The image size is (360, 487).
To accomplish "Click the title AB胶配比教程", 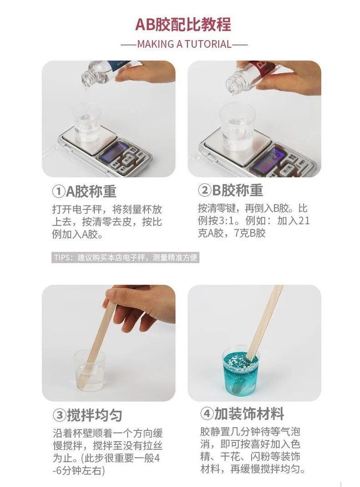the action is tap(183, 25).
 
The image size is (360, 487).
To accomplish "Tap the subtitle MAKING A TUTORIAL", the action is tap(185, 44).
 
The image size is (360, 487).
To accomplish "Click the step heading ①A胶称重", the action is tap(84, 191).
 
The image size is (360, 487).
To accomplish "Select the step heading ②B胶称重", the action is tap(231, 190).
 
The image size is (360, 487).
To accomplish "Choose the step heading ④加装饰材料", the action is tap(242, 414).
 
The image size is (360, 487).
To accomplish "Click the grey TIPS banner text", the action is tap(125, 258).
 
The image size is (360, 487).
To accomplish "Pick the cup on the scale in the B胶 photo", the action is tap(237, 127).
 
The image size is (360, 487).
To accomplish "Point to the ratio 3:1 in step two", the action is tap(226, 221).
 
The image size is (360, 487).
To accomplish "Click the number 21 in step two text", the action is tap(303, 221).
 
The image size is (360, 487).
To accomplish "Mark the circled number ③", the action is tap(59, 415).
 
